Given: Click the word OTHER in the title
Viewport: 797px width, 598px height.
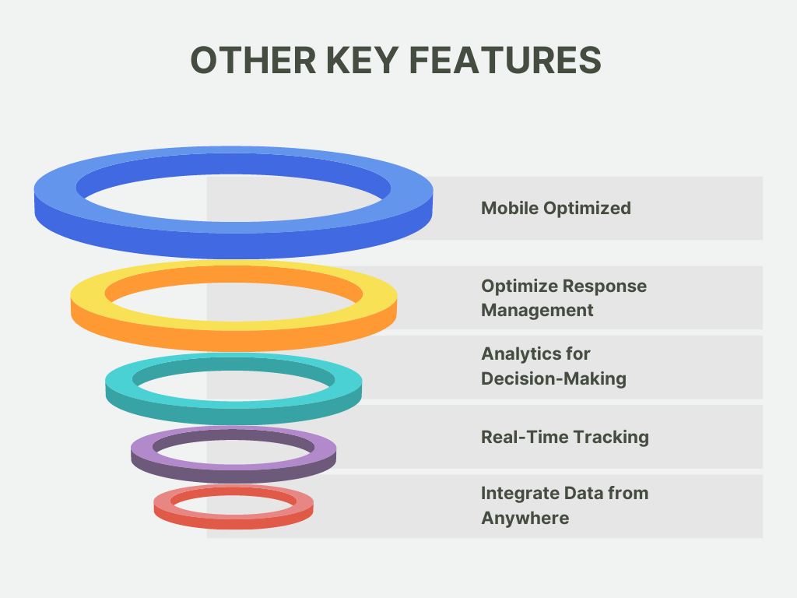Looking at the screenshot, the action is (253, 60).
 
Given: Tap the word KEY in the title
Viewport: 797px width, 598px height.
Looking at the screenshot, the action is (362, 60).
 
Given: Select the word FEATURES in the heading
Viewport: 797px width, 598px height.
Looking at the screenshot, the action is (505, 60).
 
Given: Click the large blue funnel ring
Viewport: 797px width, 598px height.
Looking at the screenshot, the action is (233, 239).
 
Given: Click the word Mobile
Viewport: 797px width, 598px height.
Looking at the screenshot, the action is (510, 208).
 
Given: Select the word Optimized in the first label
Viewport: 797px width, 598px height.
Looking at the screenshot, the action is (587, 209).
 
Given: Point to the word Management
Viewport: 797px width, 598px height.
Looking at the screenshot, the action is (537, 311).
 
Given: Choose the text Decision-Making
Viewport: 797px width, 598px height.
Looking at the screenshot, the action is (553, 379).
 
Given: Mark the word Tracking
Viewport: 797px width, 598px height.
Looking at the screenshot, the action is (608, 438).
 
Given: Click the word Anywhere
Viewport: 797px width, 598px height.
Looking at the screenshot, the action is (525, 519).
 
